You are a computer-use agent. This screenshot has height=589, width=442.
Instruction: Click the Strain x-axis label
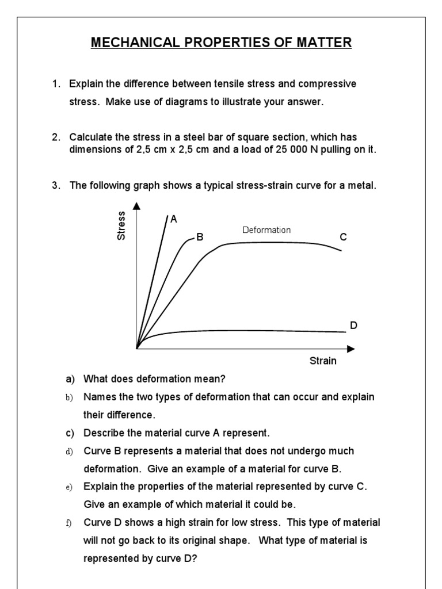[323, 361]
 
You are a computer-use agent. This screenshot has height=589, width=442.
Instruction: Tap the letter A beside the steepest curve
[174, 219]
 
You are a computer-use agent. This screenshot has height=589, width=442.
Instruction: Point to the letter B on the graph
[200, 236]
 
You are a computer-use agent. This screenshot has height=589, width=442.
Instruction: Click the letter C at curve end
[344, 236]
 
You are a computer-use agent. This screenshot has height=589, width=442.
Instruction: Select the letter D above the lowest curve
[353, 326]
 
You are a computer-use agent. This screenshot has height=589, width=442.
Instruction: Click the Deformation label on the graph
[266, 230]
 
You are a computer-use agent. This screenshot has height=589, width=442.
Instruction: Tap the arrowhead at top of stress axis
[136, 206]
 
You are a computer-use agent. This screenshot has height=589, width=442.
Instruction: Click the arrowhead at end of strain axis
[351, 348]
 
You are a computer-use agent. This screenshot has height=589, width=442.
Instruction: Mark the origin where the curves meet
[137, 348]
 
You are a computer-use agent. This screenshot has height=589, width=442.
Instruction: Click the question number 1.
[56, 85]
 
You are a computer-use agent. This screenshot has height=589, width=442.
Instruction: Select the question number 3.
[56, 185]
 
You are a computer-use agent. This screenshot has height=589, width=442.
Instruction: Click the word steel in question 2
[184, 137]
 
